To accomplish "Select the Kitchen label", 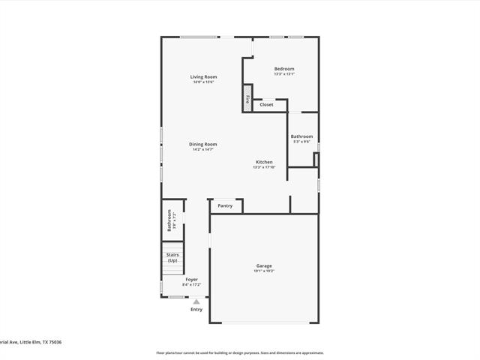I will [264, 162].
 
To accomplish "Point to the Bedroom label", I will [283, 69].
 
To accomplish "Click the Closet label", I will [266, 105].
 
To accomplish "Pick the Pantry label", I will [225, 205].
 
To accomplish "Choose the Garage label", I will [264, 265].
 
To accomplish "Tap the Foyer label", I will [192, 279].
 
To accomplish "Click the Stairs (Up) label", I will [172, 257].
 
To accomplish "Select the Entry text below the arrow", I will [196, 309].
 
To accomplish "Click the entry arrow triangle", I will [196, 301].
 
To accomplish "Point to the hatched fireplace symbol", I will [247, 97].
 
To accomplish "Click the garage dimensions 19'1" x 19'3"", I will [264, 271].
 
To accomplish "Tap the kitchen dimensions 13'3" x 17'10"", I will [264, 167].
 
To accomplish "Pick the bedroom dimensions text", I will [283, 73].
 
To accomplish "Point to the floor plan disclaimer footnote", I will [240, 352].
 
